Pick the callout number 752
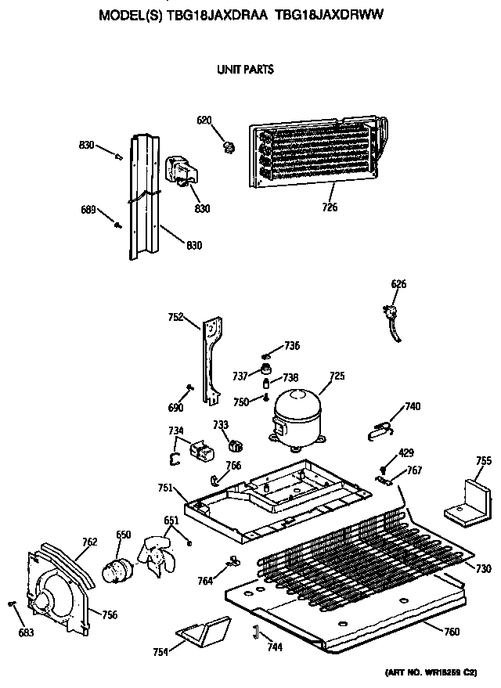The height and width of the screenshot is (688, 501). point(175,317)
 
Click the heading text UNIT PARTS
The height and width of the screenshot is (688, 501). point(245,70)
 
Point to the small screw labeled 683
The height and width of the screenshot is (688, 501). point(11,603)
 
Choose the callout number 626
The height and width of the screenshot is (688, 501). point(399,284)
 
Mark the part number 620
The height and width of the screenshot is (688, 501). point(204,120)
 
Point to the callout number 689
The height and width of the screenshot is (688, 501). point(88,209)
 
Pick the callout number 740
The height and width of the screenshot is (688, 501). point(413,406)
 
